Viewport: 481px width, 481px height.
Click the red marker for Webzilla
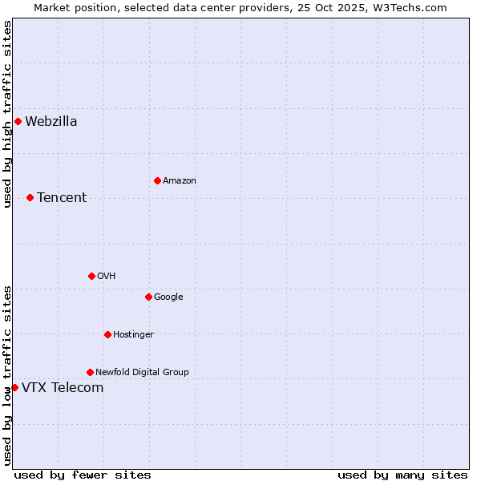click(x=18, y=122)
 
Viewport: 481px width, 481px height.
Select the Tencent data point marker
click(x=30, y=197)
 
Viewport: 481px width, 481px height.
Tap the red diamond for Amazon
click(x=157, y=180)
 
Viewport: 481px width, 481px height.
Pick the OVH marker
click(x=91, y=276)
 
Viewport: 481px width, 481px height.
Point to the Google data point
click(x=148, y=297)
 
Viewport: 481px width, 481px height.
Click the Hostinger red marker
click(x=107, y=334)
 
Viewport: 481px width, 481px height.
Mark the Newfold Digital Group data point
click(x=90, y=372)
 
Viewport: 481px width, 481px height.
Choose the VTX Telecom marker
click(x=14, y=388)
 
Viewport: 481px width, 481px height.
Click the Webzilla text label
click(x=51, y=122)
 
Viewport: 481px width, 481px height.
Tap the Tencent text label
click(x=62, y=198)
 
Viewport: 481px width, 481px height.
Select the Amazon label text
click(x=180, y=180)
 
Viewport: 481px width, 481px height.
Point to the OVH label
click(x=107, y=276)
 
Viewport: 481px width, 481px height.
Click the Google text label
click(x=168, y=297)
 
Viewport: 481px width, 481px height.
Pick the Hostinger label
click(x=133, y=334)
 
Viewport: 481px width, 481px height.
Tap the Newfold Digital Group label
click(x=142, y=372)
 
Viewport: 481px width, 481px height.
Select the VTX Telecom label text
click(x=63, y=388)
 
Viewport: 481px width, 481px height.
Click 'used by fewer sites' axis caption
click(x=83, y=475)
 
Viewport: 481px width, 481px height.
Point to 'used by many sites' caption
click(x=402, y=475)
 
